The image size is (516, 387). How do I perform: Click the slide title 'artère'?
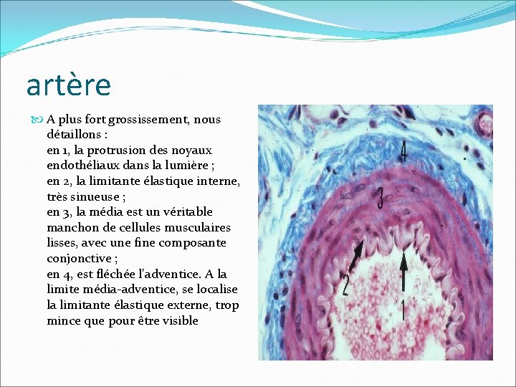point(69,85)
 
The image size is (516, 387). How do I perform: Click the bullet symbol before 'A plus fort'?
point(39,120)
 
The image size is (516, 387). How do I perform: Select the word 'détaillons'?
point(75,135)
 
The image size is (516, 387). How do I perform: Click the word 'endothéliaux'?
point(81,166)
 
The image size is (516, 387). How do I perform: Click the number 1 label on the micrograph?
point(402,310)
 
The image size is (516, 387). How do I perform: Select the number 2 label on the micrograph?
point(345,285)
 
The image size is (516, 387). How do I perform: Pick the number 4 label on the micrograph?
point(403,151)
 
